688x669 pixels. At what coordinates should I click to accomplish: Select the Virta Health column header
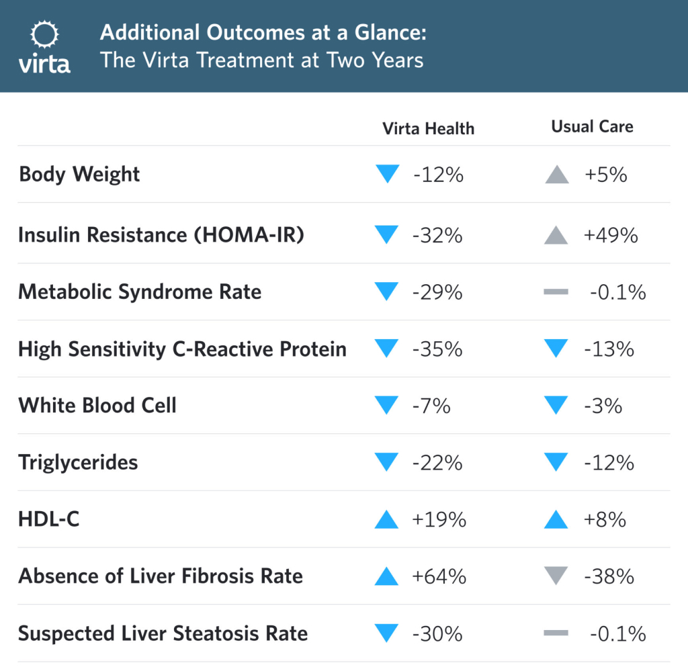pos(428,128)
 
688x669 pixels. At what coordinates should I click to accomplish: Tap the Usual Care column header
pos(592,126)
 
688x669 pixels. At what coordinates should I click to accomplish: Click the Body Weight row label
pos(79,175)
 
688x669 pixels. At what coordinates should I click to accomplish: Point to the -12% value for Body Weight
pos(438,175)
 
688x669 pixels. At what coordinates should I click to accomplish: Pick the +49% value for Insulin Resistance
pos(611,235)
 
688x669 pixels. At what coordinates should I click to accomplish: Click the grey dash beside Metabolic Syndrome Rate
pos(556,292)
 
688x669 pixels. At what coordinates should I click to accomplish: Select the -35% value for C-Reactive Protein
pos(438,349)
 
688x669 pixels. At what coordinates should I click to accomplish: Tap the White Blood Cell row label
pos(97,406)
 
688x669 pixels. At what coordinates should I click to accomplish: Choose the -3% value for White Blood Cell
pos(603,406)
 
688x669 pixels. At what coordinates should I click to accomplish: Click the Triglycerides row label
pos(78,463)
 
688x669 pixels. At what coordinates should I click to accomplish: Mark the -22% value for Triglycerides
pos(438,463)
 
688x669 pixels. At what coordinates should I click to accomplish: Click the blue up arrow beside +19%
pos(387,519)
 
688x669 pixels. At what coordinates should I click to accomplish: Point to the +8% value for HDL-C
pos(605,520)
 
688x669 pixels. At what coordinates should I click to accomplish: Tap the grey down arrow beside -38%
pos(557,576)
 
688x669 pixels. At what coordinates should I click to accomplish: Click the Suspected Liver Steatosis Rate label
pos(163,633)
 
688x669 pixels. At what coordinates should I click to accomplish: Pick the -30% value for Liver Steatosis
pos(438,633)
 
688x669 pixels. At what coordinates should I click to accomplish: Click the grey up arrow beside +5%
pos(557,175)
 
